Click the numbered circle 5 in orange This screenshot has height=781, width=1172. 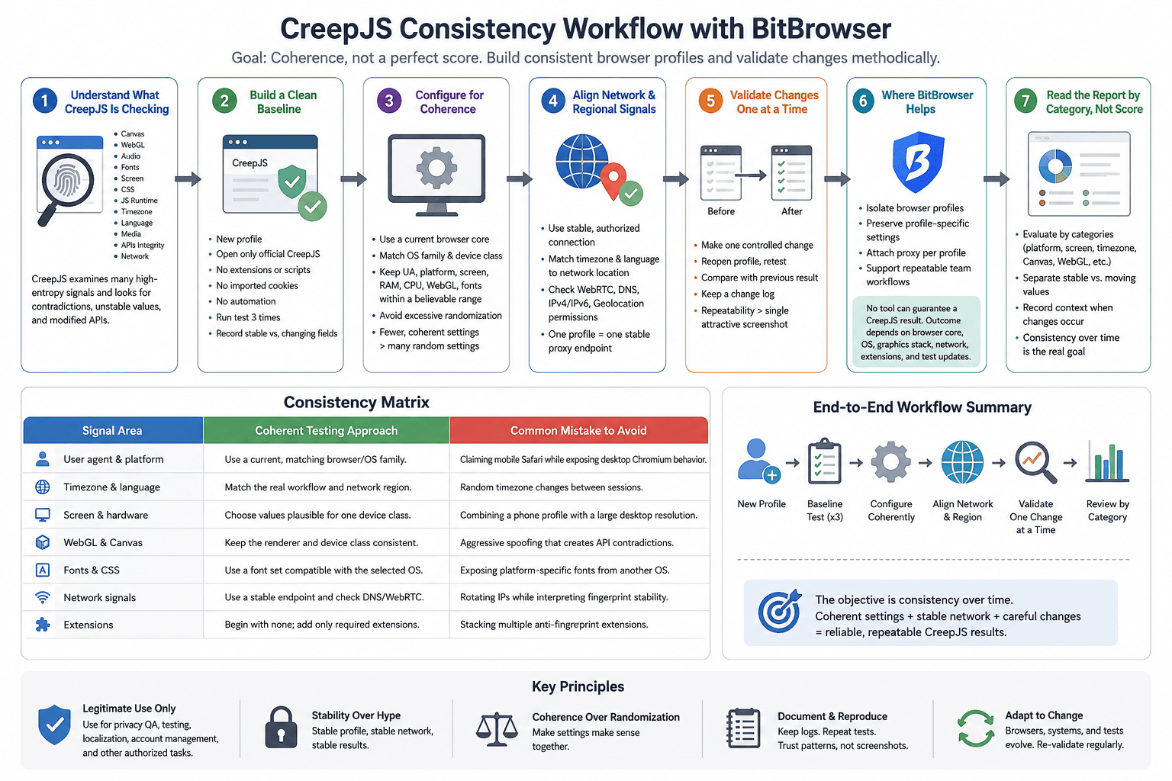710,101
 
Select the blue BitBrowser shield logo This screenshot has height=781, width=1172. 918,162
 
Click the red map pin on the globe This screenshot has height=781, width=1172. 613,181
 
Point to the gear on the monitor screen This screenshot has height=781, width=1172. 436,168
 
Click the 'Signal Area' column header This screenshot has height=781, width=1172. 112,430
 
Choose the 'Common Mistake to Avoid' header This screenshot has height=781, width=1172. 578,430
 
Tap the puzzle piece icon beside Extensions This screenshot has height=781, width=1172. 43,625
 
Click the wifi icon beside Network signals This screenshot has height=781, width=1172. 43,597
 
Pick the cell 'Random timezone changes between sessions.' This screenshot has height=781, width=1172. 551,487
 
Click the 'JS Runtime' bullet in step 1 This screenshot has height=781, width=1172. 139,201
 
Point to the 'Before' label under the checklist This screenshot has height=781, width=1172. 721,211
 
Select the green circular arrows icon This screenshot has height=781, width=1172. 976,728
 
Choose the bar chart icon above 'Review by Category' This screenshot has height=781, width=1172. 1107,461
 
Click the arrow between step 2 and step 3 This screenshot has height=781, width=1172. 354,179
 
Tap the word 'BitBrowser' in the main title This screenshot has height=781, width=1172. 822,29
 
